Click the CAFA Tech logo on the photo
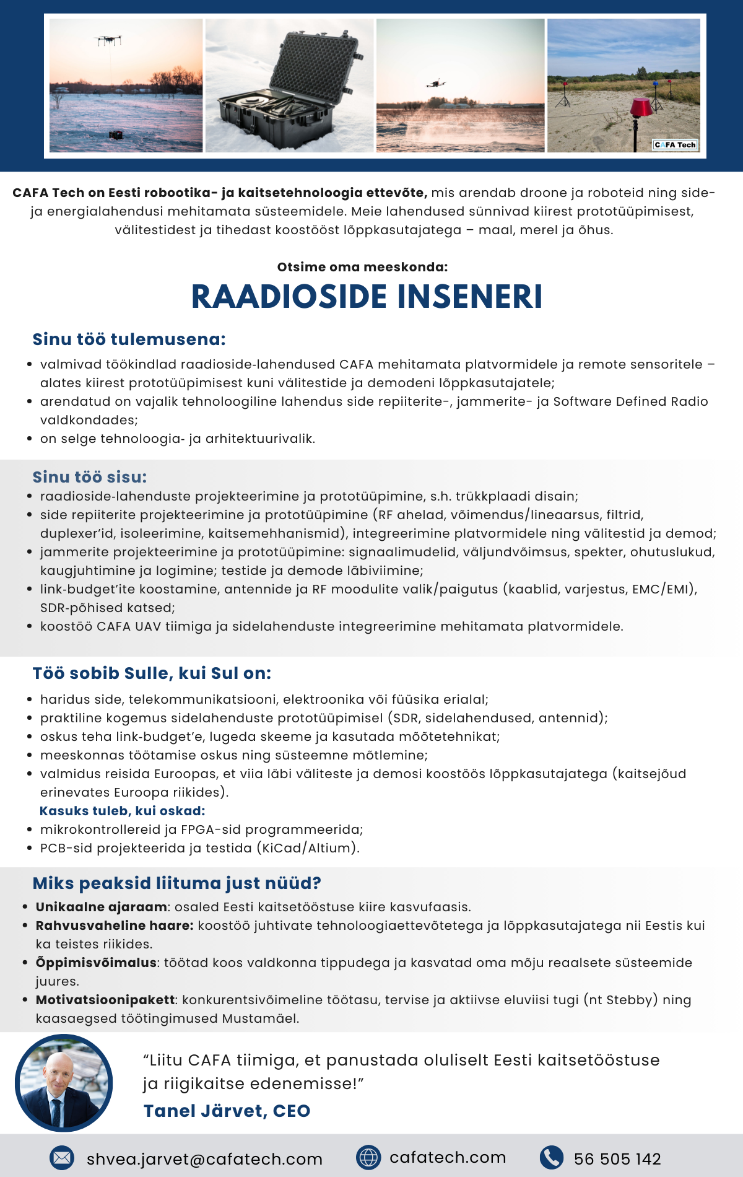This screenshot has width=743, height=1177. [676, 145]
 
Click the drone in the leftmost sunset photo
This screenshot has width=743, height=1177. [108, 41]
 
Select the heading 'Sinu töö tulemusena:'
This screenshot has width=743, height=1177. [129, 339]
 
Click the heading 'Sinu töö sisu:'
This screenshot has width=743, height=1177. [90, 477]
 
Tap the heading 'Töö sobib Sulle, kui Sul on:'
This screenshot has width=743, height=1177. [152, 673]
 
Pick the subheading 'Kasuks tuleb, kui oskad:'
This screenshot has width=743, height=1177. [122, 811]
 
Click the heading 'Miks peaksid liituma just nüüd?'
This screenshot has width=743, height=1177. [176, 883]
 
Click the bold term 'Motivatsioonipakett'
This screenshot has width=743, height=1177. [105, 1000]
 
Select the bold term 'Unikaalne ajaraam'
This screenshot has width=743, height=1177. [101, 907]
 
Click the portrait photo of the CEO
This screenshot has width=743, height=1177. [64, 1083]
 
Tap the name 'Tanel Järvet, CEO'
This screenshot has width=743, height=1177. [227, 1111]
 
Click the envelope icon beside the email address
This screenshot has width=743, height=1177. [62, 1158]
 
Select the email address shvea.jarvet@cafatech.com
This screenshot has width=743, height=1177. [204, 1159]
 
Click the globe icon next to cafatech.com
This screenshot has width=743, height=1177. [368, 1157]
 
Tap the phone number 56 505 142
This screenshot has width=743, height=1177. [617, 1159]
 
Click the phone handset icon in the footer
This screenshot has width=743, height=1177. [551, 1157]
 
